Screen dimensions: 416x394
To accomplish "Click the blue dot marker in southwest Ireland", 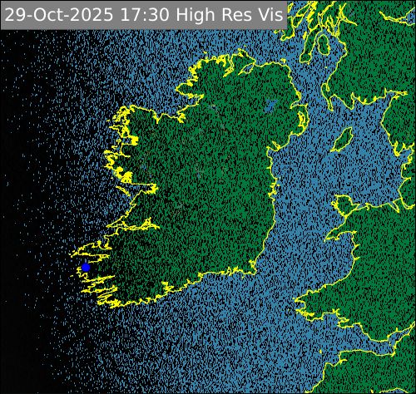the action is coord(86,267).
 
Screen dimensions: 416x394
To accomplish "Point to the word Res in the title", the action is coord(234,14).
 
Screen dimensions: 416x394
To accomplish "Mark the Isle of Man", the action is coord(343,140).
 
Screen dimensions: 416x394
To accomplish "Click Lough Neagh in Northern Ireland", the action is coord(270,106).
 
